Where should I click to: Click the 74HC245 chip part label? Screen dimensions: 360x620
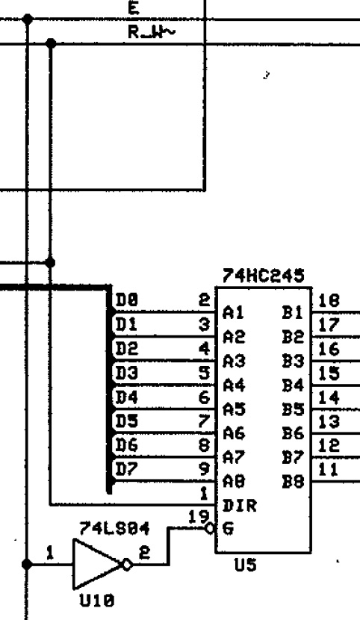tap(264, 276)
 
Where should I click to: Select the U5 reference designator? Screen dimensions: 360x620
tap(246, 565)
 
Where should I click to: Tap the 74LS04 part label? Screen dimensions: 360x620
tap(114, 528)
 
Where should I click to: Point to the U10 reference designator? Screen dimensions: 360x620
tap(97, 601)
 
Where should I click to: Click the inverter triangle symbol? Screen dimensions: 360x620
tap(98, 565)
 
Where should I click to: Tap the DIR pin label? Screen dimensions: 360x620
tap(240, 506)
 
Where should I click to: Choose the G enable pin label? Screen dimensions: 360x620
tap(228, 529)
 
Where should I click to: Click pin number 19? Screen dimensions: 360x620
tap(198, 517)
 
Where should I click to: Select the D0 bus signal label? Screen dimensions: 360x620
tap(126, 301)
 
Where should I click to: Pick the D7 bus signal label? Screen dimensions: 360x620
tap(126, 469)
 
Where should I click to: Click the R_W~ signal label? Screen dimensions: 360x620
tap(151, 32)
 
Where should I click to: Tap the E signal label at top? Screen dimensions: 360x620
tap(134, 8)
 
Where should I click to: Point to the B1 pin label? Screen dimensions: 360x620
tap(293, 313)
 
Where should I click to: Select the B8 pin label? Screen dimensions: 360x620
tap(293, 482)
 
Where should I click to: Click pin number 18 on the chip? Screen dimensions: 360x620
tap(329, 301)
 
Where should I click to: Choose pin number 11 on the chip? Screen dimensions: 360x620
tap(329, 470)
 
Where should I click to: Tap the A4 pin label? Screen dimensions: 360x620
tap(234, 385)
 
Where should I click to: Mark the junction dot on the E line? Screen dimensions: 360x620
tap(28, 19)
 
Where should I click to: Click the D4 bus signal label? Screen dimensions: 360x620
tap(126, 397)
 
